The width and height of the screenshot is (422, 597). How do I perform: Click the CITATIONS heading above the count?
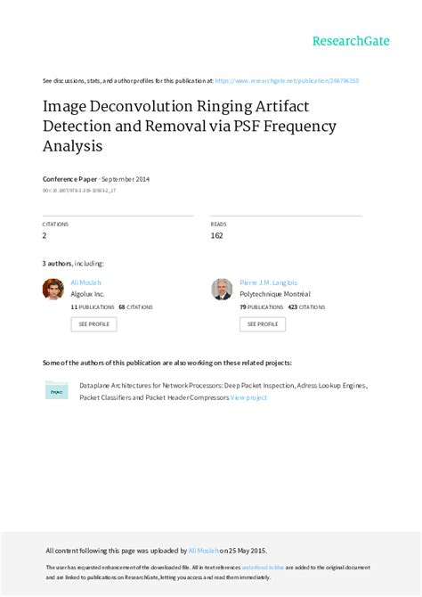tap(55, 224)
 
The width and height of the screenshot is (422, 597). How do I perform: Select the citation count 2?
tap(45, 236)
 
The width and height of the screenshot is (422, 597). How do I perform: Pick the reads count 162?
tap(217, 236)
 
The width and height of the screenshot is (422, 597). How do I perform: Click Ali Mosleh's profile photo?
tap(53, 289)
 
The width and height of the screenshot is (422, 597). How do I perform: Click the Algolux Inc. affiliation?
tap(88, 292)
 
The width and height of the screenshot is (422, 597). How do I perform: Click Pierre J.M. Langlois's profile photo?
tap(222, 289)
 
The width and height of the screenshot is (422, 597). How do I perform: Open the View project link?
tap(248, 397)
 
